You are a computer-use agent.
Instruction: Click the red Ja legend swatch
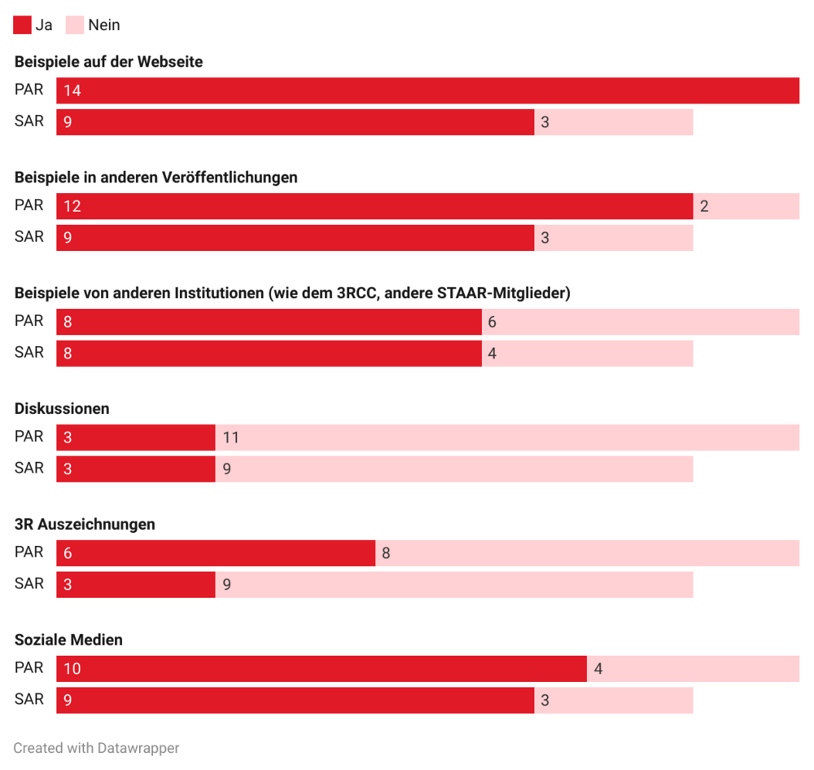[x=22, y=25]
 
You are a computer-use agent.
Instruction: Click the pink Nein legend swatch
[x=74, y=25]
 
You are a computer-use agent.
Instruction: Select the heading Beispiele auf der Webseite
[x=108, y=62]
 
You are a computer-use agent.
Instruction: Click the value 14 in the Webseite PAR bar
[x=72, y=90]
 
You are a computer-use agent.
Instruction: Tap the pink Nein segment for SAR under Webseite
[x=613, y=122]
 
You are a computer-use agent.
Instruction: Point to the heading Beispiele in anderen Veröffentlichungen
[x=155, y=178]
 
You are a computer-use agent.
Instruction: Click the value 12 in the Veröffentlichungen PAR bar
[x=72, y=206]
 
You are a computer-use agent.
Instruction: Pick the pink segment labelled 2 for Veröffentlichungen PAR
[x=746, y=206]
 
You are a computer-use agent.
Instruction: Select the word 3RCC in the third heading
[x=357, y=293]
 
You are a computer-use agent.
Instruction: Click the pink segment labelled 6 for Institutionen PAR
[x=640, y=322]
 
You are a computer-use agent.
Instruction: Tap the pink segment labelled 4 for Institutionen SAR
[x=587, y=354]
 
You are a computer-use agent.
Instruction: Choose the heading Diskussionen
[x=62, y=409]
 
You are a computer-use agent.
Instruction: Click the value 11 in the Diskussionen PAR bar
[x=231, y=438]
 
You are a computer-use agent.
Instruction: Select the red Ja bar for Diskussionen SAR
[x=135, y=469]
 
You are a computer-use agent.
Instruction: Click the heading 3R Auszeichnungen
[x=85, y=525]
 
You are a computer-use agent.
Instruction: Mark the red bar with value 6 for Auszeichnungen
[x=215, y=553]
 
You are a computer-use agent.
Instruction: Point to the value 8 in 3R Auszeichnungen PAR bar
[x=386, y=553]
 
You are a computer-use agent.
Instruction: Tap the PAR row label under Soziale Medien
[x=29, y=668]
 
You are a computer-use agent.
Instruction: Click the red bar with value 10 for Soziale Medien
[x=321, y=669]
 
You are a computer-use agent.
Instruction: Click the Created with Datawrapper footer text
[x=96, y=748]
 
